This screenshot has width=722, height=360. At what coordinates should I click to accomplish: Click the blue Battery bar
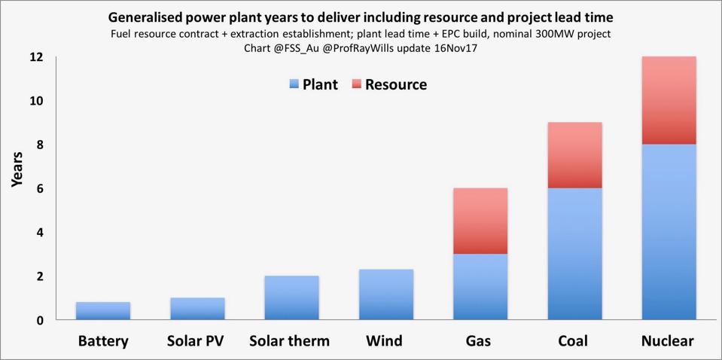tap(103, 311)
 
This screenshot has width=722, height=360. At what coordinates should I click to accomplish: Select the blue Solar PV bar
tap(197, 309)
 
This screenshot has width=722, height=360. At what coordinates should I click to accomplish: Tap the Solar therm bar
tap(291, 298)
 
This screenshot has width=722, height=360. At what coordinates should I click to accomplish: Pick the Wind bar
tap(386, 294)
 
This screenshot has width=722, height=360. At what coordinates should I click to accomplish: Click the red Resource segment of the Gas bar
tap(480, 221)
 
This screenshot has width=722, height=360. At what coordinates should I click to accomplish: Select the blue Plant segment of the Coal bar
tap(574, 254)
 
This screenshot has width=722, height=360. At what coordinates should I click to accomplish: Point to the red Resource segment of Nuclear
tap(669, 100)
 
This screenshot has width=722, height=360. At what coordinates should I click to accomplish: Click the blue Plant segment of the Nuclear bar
tap(669, 232)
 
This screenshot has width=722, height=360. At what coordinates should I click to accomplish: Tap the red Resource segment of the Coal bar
tap(574, 155)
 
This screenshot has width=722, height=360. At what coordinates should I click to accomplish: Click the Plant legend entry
tap(313, 84)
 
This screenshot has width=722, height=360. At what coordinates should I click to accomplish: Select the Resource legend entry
tap(389, 84)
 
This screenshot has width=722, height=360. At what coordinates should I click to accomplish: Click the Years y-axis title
tap(17, 169)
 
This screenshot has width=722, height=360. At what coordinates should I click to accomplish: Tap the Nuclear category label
tap(668, 341)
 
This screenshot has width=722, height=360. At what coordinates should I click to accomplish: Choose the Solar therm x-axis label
tap(290, 341)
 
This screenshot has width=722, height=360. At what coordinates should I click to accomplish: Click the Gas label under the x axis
tap(479, 341)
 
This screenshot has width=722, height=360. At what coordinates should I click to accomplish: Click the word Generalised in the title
tap(151, 17)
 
